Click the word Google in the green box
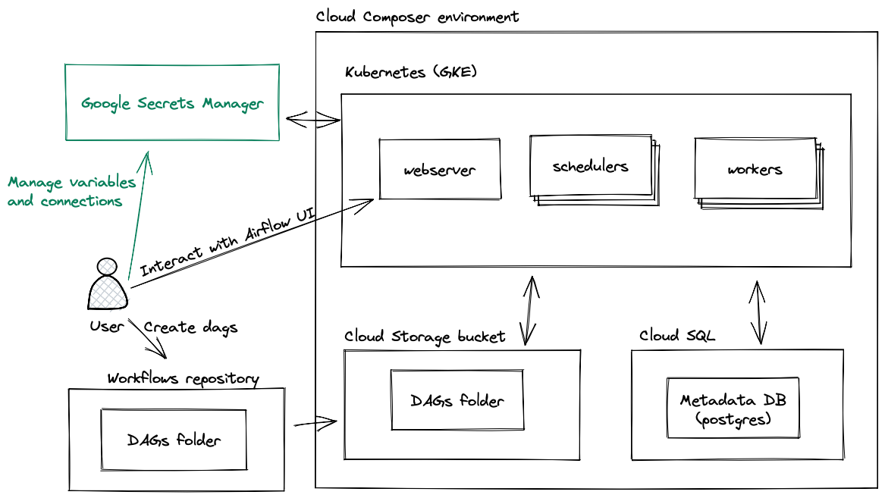point(106,104)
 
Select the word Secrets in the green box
point(167,104)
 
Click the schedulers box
point(590,166)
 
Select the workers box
point(755,169)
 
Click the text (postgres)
point(733,418)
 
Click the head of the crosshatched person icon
point(108,266)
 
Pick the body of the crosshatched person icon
point(108,293)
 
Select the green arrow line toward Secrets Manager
point(138,220)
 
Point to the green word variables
point(102,183)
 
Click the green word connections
point(81,202)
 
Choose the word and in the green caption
point(20,202)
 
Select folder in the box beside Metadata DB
point(481,400)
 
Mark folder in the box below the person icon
point(198,440)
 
